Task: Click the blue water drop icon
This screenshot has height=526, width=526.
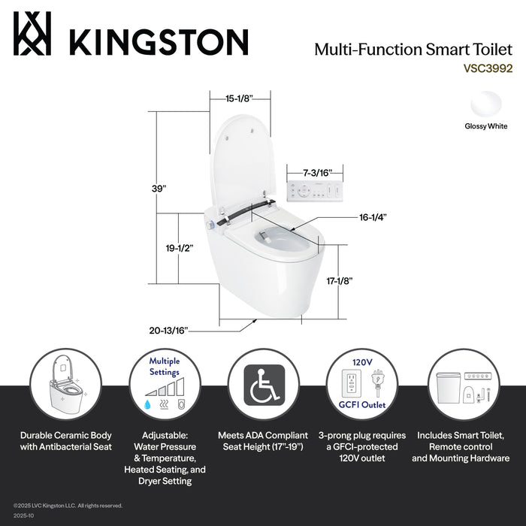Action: pos(147,404)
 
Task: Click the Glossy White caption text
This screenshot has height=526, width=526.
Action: pos(485,127)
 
